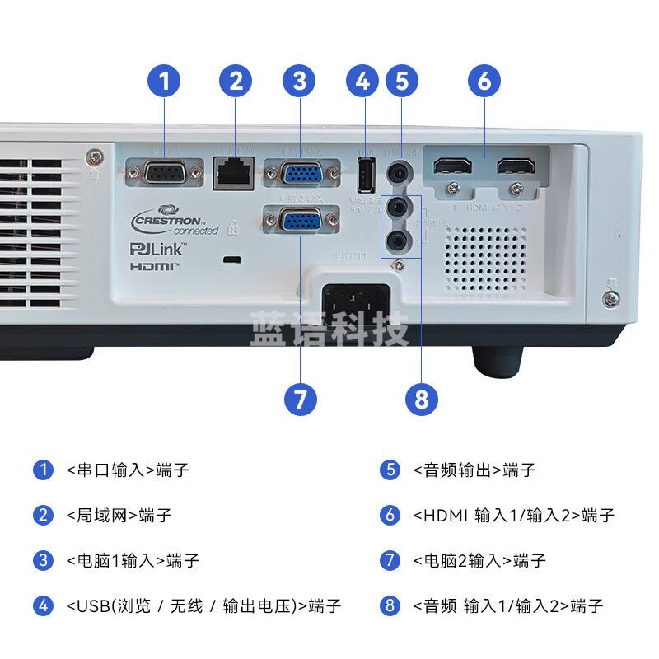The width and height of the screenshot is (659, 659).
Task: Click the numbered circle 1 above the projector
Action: pos(164,81)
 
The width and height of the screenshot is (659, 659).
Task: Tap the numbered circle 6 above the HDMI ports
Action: pos(484,81)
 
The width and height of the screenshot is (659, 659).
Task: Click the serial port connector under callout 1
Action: pos(164,174)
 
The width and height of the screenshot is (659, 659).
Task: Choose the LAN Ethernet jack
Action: pos(233,174)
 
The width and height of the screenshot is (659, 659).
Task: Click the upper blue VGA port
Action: pos(302,175)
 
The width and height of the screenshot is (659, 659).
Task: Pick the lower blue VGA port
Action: pos(302,222)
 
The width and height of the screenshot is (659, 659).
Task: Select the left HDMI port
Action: pos(452,167)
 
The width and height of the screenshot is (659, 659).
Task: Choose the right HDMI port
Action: pos(516,167)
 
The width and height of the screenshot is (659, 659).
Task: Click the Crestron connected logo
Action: pos(174,222)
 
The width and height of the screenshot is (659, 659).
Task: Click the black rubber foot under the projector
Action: pos(498,358)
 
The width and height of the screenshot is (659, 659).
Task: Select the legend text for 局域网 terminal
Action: pos(119,516)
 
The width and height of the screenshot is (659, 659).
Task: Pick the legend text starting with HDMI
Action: pos(513,516)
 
